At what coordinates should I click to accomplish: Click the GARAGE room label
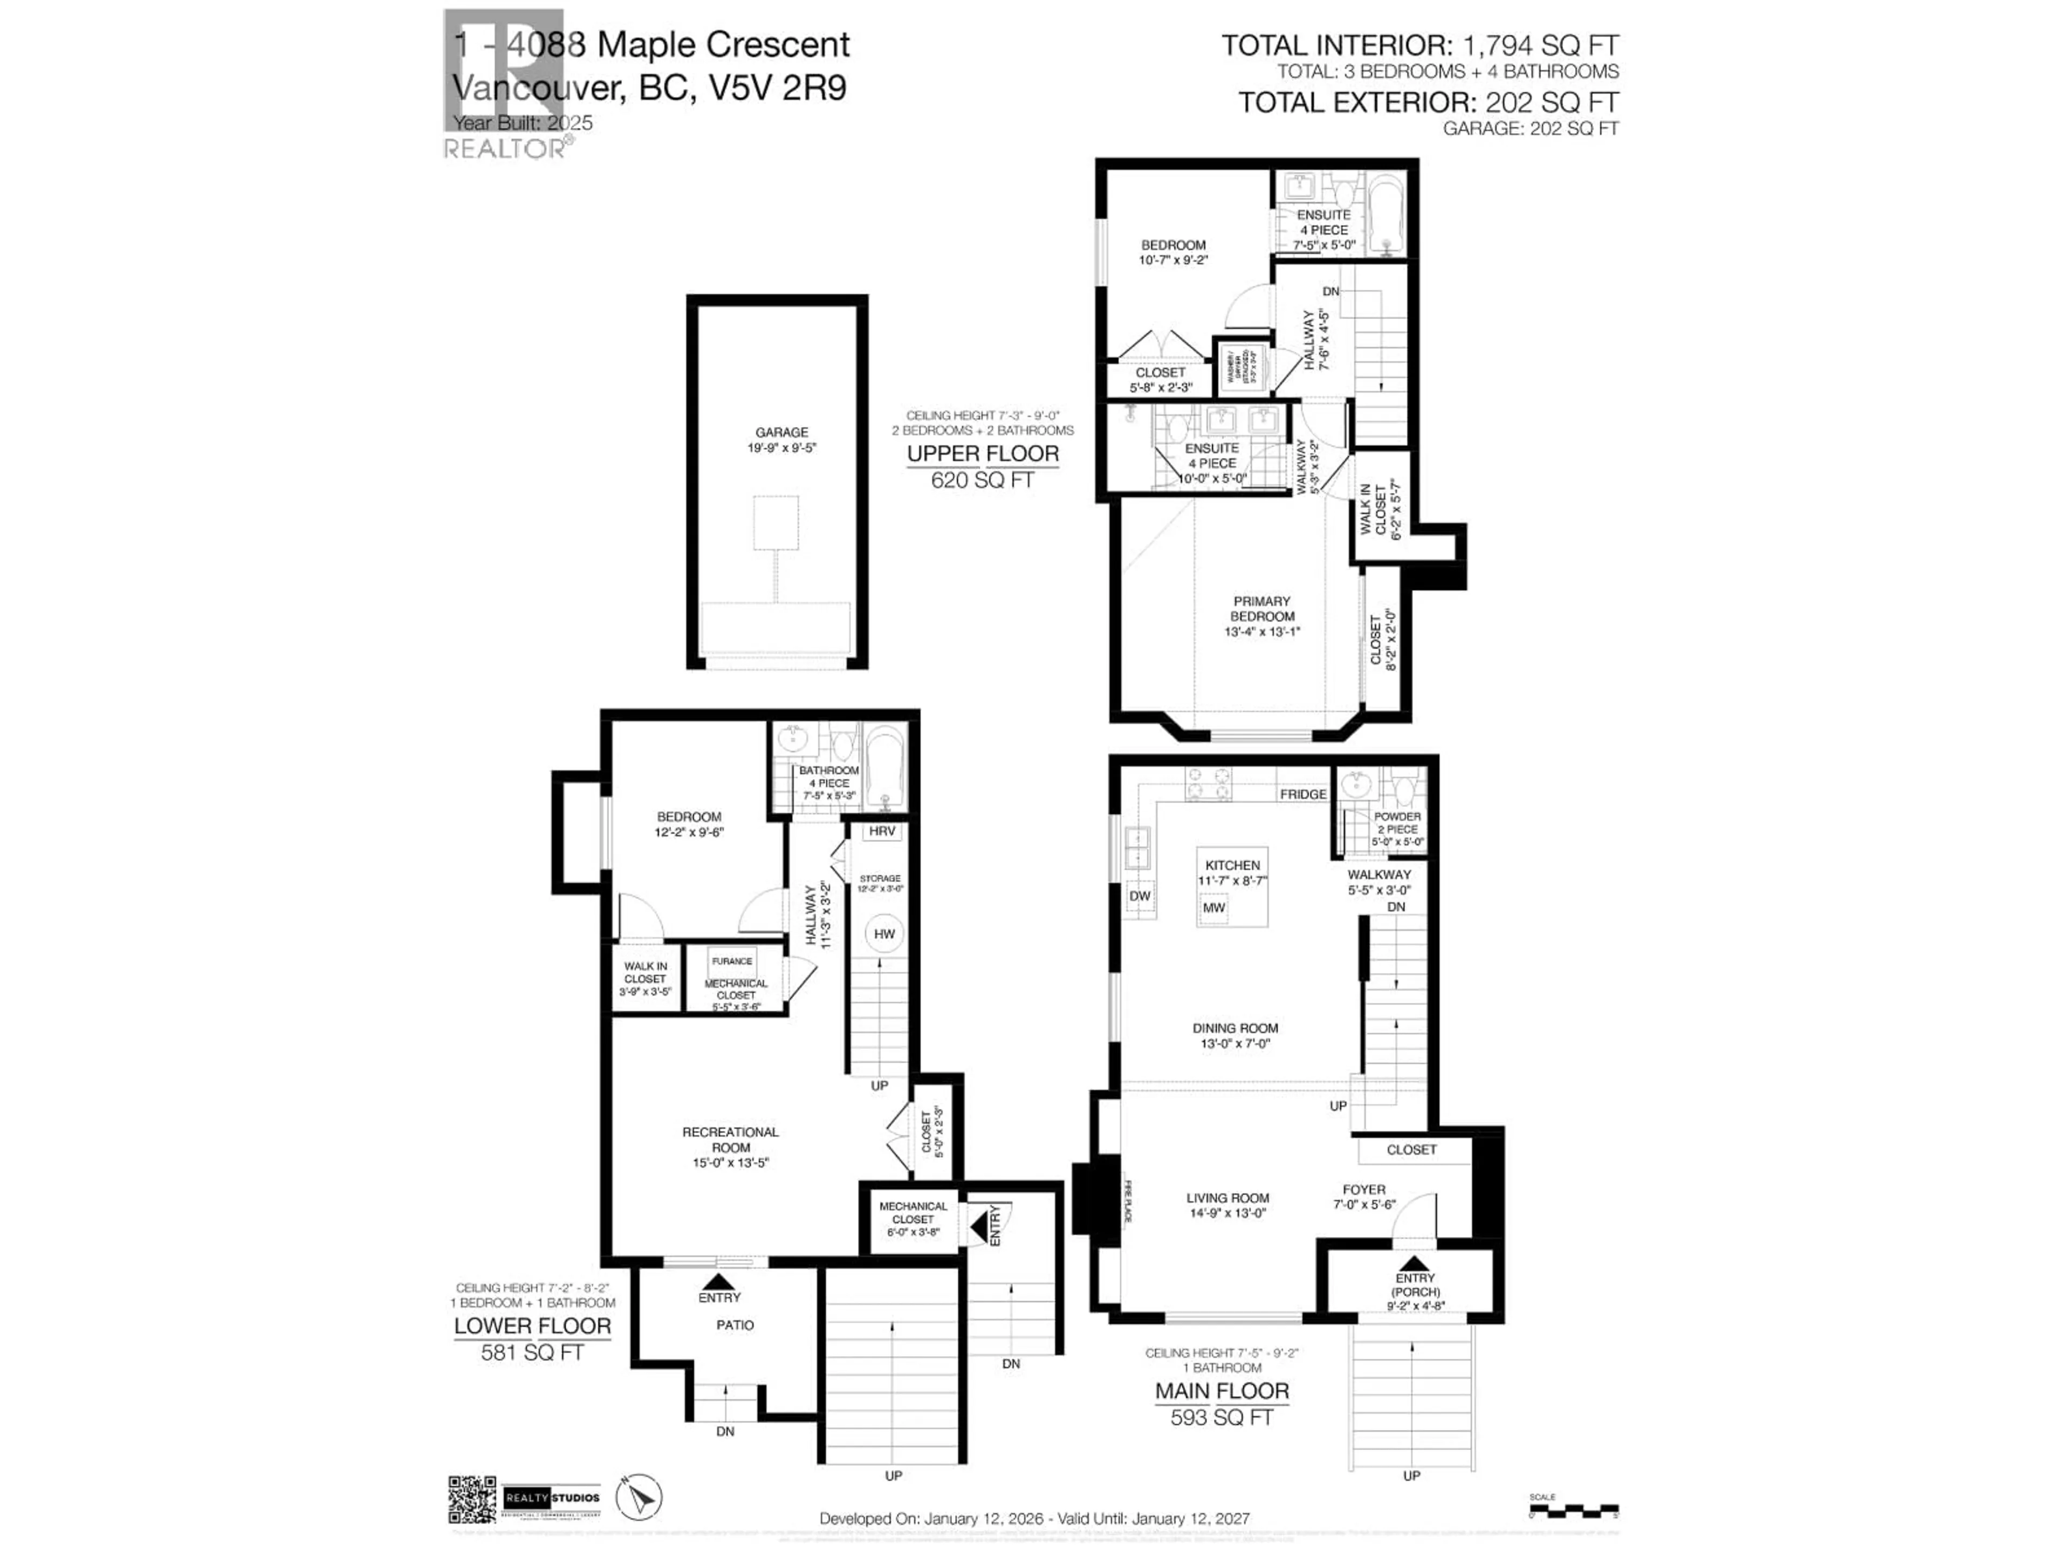[782, 432]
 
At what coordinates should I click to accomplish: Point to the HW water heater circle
[884, 933]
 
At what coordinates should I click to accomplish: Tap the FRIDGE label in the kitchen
[1302, 794]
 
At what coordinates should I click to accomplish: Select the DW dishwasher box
[1140, 896]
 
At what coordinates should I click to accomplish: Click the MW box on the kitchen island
[1213, 907]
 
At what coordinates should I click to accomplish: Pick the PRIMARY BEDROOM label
[1262, 608]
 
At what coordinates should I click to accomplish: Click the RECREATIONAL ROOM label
[730, 1139]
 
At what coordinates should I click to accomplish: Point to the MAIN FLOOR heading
[1222, 1391]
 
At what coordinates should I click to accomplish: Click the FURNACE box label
[732, 961]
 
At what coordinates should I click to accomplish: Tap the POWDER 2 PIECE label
[1397, 823]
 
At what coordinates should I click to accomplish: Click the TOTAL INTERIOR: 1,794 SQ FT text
[1419, 45]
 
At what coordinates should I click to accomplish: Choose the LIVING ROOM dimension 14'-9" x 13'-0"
[1227, 1213]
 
